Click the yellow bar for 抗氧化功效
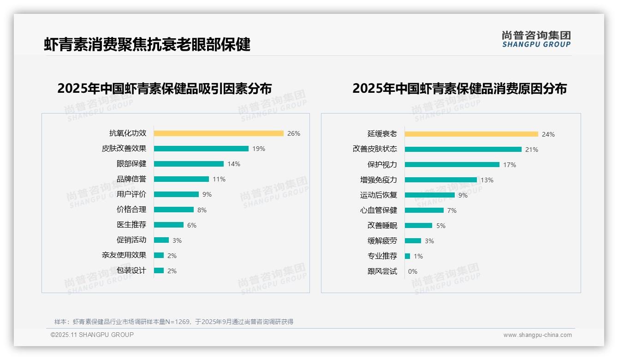point(219,133)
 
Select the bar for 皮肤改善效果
point(201,149)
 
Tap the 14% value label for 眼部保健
point(234,164)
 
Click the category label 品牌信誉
point(131,179)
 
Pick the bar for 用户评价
point(176,194)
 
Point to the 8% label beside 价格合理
point(202,210)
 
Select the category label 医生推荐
point(131,225)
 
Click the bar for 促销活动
point(161,240)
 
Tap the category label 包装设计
point(131,270)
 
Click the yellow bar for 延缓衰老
point(471,134)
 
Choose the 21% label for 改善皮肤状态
point(532,150)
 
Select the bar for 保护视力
point(452,165)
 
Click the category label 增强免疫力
point(378,180)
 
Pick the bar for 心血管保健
point(424,210)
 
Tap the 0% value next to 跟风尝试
point(413,271)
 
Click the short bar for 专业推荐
point(407,256)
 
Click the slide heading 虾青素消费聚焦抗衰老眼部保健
point(147,44)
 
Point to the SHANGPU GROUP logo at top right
point(536,39)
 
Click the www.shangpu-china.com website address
point(537,335)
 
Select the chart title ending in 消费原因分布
point(459,88)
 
